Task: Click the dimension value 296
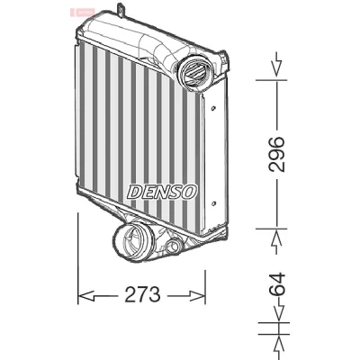click(x=276, y=154)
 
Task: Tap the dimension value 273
click(x=142, y=294)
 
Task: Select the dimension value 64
click(x=276, y=283)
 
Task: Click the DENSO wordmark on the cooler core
click(x=162, y=192)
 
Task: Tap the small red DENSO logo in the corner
click(x=82, y=13)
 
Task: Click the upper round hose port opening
click(x=195, y=72)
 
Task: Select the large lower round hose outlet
click(x=134, y=242)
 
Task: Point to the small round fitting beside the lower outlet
click(x=173, y=247)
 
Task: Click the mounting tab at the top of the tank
click(x=121, y=8)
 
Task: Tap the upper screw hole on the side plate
click(x=213, y=108)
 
